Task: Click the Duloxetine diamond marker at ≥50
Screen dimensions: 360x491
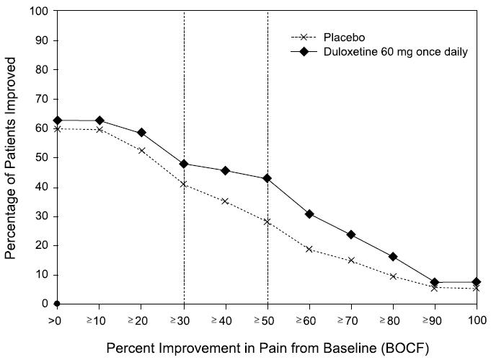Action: point(267,178)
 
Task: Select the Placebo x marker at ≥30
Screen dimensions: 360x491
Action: point(184,184)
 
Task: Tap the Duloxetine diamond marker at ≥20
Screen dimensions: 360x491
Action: point(141,133)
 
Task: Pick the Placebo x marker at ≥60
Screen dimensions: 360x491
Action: point(309,249)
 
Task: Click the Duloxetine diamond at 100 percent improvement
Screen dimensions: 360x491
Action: point(476,282)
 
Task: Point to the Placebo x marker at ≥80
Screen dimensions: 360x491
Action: point(393,276)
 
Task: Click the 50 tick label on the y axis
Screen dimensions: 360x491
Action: point(43,158)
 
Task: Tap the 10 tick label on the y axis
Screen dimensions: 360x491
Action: point(43,275)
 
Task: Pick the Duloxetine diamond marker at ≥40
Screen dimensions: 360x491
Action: point(226,171)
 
